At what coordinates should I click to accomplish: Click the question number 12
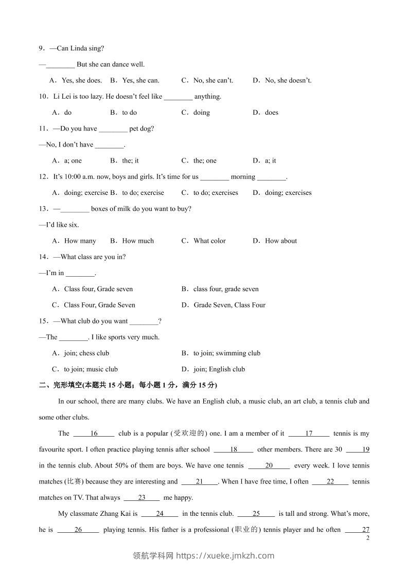[x=43, y=177]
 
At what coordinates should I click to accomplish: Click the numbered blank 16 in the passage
[x=94, y=434]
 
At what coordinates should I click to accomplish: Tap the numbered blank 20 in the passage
[x=269, y=466]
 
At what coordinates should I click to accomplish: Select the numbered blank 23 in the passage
[x=142, y=498]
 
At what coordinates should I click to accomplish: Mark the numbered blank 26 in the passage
[x=78, y=530]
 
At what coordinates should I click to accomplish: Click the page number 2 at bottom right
[x=367, y=538]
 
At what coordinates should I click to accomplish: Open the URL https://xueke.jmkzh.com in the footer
[x=225, y=555]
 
